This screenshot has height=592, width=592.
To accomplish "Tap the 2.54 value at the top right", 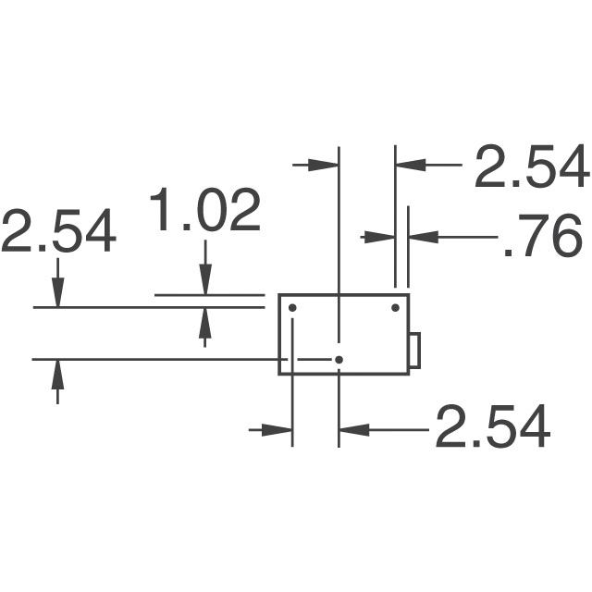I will (531, 167).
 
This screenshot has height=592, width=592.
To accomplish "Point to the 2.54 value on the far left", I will (58, 231).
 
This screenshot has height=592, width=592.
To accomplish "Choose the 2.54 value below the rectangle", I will (492, 426).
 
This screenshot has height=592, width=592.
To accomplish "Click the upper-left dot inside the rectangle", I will (292, 307).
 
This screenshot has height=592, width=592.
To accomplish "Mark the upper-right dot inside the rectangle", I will (395, 307).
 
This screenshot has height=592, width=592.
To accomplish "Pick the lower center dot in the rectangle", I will (339, 359).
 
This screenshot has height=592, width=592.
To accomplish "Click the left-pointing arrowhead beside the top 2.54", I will (410, 166).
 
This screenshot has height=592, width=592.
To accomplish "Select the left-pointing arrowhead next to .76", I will (422, 237).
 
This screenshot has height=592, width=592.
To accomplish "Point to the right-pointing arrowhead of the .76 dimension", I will (382, 237).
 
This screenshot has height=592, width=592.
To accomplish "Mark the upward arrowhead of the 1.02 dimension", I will (205, 322).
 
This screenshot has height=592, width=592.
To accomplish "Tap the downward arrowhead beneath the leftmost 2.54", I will (58, 293).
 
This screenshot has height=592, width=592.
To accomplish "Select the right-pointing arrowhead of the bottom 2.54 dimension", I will (278, 429).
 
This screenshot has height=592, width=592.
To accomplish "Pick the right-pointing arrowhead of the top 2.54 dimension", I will (326, 166).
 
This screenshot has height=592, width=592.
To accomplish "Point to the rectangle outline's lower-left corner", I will (279, 374).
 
